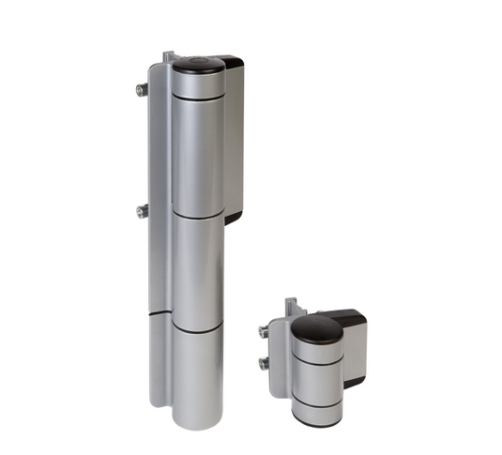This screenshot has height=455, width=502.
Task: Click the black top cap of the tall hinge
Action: tap(198, 65)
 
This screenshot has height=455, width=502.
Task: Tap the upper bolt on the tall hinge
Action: tap(141, 90)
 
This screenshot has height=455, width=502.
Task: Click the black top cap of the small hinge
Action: tap(315, 327)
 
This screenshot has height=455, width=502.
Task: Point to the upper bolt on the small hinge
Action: tap(264, 331)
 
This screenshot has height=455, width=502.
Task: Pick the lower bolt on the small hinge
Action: tap(264, 363)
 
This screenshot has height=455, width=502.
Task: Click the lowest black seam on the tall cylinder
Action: tap(197, 329)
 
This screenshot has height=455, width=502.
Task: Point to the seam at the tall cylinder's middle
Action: tap(197, 215)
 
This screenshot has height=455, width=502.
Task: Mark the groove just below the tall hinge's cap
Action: tap(198, 96)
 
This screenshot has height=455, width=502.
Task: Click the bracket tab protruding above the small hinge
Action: tap(292, 307)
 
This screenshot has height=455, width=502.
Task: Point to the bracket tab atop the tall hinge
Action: tap(169, 57)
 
